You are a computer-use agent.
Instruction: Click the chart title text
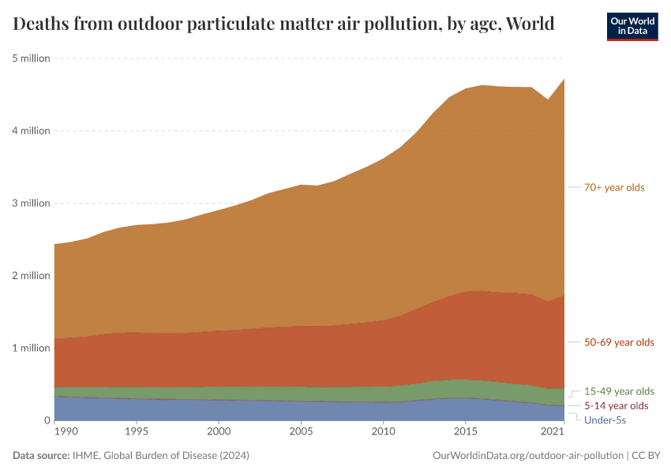(283, 24)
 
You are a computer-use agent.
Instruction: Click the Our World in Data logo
(632, 26)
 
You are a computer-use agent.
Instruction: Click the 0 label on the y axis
(46, 420)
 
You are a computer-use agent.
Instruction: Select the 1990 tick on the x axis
(66, 432)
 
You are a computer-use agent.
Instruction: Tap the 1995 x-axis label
(137, 432)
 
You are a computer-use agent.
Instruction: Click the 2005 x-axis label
(301, 432)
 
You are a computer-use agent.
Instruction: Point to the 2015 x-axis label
(465, 432)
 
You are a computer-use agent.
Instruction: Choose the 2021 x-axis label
(552, 432)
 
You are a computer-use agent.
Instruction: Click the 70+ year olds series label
(614, 187)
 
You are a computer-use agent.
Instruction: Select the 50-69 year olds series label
(619, 342)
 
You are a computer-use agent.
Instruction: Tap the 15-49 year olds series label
(619, 391)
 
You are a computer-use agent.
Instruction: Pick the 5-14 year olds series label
(616, 405)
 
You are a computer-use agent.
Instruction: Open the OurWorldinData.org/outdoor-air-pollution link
(528, 456)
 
